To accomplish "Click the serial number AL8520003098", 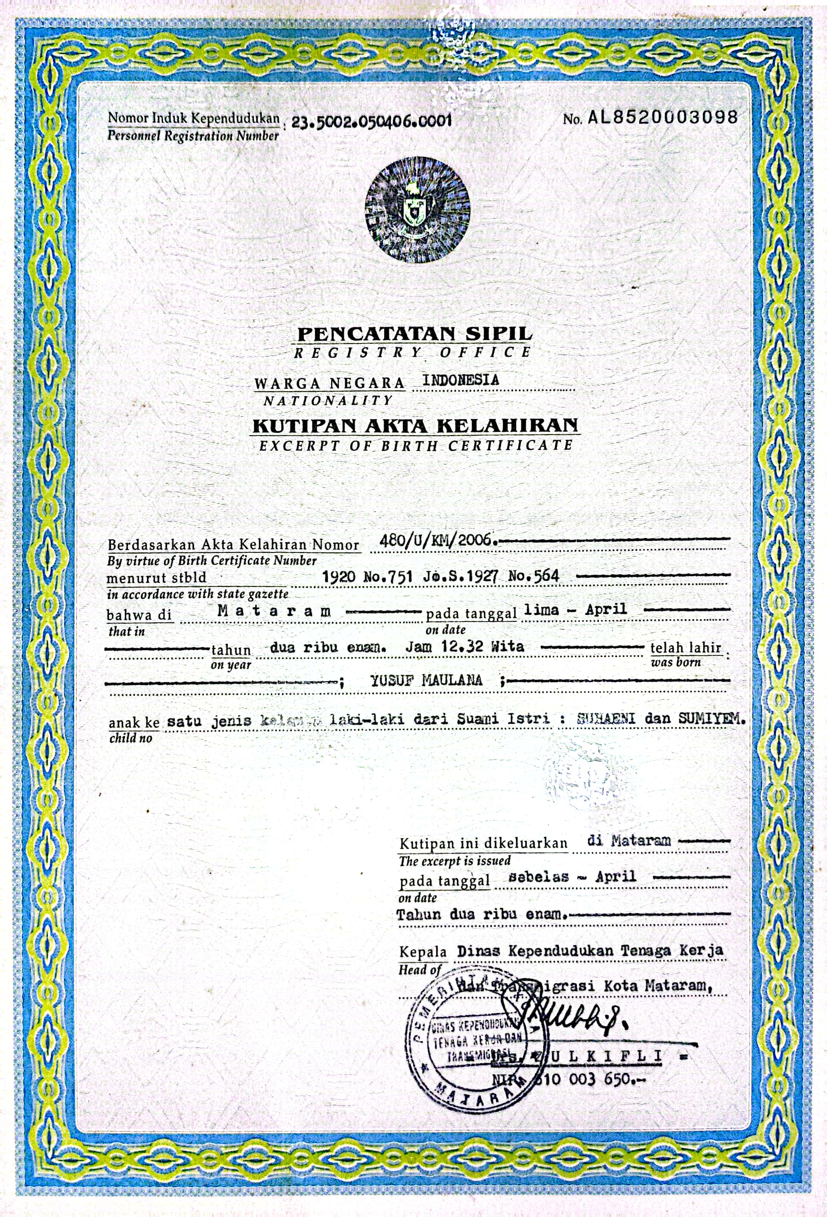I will tap(662, 117).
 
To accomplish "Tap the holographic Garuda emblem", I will tap(417, 209).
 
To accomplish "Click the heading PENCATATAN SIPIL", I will tap(414, 333).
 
